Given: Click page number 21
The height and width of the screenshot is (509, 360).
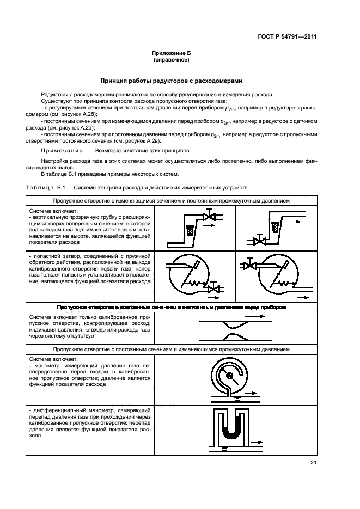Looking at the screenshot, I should tap(313, 463).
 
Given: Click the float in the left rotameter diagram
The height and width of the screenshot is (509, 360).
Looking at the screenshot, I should tap(190, 230).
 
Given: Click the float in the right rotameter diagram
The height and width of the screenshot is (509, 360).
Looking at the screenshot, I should tap(274, 225).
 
